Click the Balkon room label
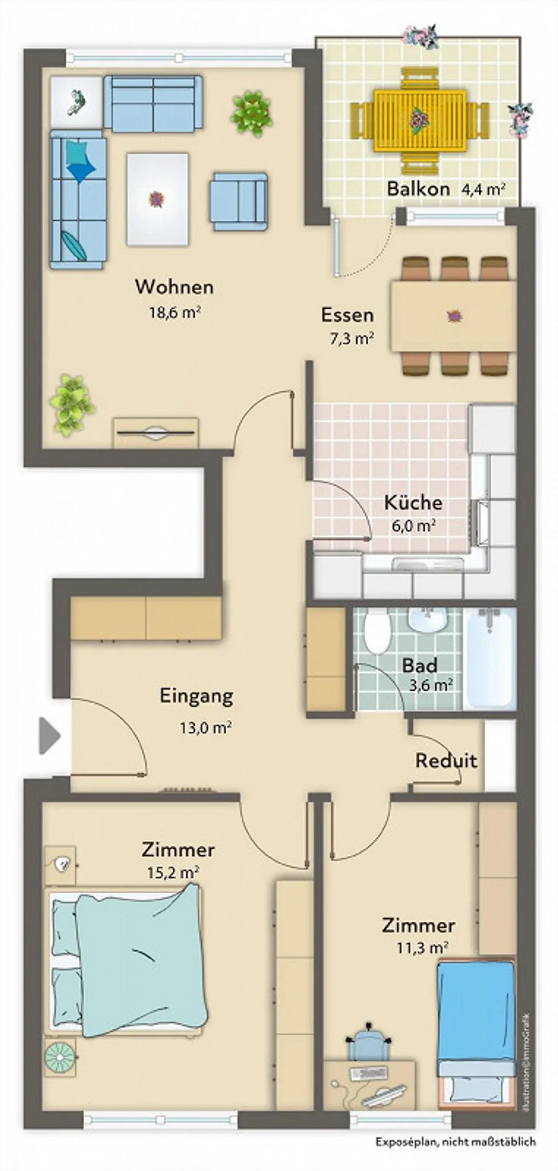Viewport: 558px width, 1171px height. pos(418,189)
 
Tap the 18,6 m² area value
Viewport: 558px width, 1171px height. pos(175,313)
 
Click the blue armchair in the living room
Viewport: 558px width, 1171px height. pos(238,201)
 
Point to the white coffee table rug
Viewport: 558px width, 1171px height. pos(157,199)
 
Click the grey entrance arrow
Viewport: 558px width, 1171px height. pos(49,735)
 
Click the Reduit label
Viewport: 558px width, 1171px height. pos(446,761)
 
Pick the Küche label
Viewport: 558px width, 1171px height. pos(413,503)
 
